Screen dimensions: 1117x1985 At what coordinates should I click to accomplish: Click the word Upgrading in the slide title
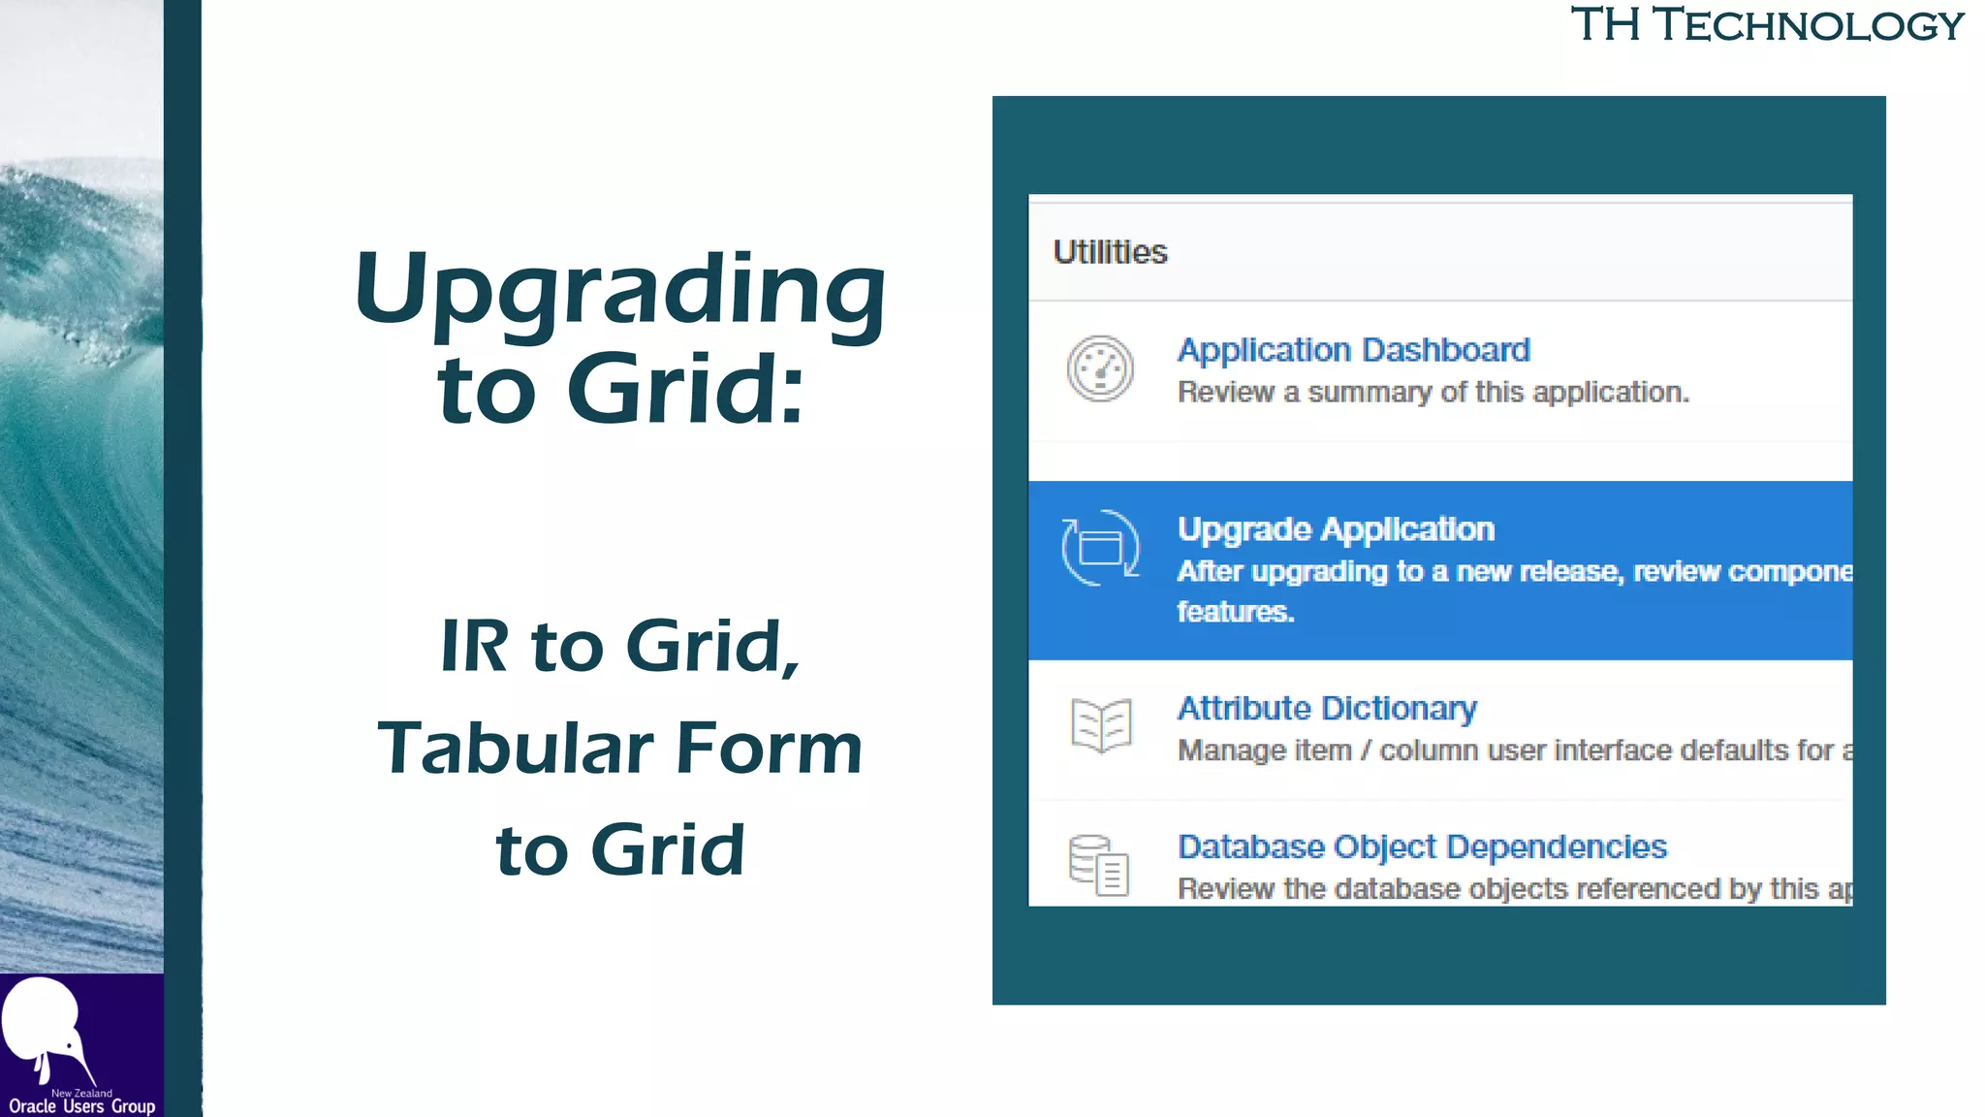pos(620,290)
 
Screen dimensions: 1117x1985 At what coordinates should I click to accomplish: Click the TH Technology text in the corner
pos(1766,25)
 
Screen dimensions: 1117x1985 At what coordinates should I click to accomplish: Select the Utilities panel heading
pos(1110,252)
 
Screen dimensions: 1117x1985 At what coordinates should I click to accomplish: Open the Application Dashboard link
pos(1353,349)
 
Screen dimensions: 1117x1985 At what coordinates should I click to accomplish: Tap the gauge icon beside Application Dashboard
pos(1100,368)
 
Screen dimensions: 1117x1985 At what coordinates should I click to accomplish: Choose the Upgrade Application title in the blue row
pos(1336,529)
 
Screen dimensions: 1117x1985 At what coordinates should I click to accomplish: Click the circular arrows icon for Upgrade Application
pos(1100,548)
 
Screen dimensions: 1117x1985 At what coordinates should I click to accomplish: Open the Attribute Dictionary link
pos(1327,708)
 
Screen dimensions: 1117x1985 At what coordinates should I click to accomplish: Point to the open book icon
pos(1101,724)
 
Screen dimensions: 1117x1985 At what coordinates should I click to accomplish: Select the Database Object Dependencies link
pos(1422,846)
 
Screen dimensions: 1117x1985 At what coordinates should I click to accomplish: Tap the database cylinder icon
pos(1098,865)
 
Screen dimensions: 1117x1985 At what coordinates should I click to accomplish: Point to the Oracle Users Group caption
pos(82,1106)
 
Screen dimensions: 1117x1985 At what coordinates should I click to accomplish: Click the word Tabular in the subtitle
pos(515,749)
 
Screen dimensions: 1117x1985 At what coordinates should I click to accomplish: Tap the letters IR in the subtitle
pos(474,646)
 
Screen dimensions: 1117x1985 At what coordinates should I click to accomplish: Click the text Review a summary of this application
pos(1433,393)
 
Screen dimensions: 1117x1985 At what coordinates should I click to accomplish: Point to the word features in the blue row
pos(1235,612)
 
